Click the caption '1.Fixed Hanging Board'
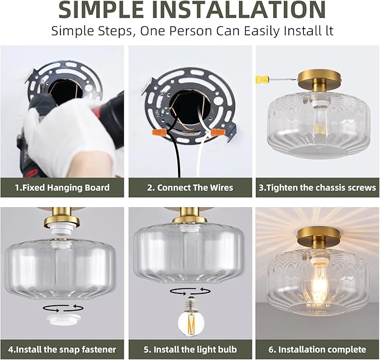click(x=62, y=188)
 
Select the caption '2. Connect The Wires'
click(x=190, y=188)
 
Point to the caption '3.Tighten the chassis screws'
click(x=317, y=188)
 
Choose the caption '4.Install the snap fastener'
click(x=62, y=349)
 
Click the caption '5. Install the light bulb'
click(x=190, y=349)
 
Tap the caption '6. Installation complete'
click(x=317, y=349)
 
